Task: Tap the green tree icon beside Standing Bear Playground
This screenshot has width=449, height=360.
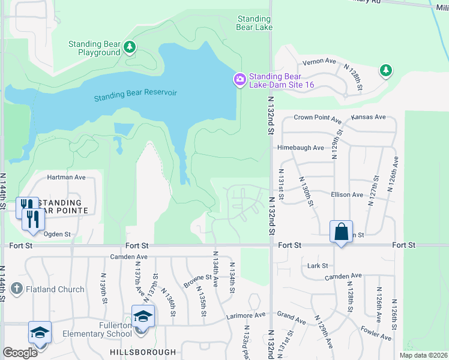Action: [129, 47]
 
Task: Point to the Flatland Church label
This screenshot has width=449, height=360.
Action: [55, 289]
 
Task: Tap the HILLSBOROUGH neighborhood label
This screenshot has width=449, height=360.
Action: [143, 352]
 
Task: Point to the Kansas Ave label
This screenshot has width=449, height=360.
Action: [368, 117]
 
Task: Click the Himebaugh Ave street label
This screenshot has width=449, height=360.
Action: [300, 148]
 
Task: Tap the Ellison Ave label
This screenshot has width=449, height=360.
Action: [346, 195]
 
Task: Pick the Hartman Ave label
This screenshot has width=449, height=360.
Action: [67, 178]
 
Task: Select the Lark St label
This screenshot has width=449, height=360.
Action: [317, 265]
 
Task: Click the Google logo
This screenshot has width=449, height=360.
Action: [20, 353]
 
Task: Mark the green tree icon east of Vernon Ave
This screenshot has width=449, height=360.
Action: [385, 71]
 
